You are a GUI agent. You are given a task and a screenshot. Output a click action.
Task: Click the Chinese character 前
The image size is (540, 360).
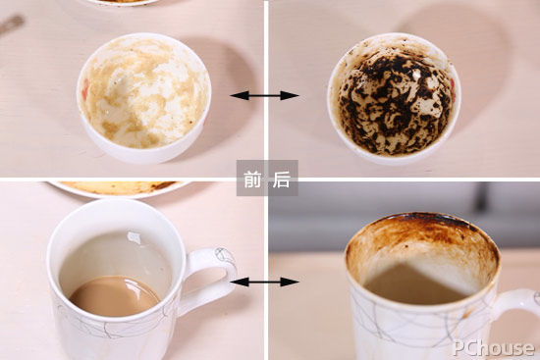(x=252, y=179)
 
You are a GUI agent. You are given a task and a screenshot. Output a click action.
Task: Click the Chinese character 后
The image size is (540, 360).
(x=281, y=179)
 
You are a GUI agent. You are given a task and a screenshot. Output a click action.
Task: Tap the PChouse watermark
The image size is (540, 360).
(x=493, y=347)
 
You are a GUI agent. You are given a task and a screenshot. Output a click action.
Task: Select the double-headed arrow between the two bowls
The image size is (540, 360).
(x=264, y=95)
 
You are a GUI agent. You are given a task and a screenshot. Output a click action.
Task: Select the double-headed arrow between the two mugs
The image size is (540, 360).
(x=264, y=282)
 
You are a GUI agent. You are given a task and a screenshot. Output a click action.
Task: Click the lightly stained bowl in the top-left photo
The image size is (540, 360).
(x=143, y=97)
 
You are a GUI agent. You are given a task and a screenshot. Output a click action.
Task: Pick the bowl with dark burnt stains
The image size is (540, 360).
(x=394, y=99)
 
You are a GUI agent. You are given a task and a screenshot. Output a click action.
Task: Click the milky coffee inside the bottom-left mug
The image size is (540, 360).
(x=115, y=295)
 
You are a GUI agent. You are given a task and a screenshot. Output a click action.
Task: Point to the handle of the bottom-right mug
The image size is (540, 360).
(x=516, y=306)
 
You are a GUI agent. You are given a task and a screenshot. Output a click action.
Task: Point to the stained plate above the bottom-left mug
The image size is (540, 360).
(x=119, y=188)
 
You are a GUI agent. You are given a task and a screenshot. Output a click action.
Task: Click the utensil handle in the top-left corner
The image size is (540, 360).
(x=12, y=25)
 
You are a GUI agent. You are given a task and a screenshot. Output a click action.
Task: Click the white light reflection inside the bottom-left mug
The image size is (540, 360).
(x=134, y=237)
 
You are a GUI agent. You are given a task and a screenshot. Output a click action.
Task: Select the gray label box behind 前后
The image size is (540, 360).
(x=267, y=179)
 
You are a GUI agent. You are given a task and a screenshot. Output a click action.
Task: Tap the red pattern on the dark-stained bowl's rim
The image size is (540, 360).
(x=453, y=90)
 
